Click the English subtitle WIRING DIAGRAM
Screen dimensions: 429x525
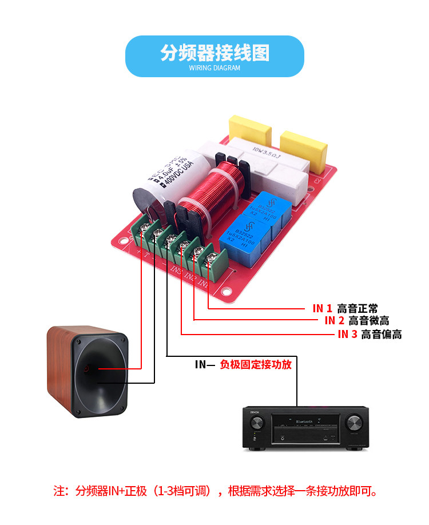coord(214,68)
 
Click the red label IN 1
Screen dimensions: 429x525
coord(321,308)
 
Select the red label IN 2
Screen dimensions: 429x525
coord(334,321)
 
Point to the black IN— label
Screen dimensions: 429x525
coord(204,364)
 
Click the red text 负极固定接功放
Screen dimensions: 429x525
coord(256,364)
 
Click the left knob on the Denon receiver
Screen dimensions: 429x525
coord(257,424)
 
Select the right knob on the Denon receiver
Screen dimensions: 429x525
coord(353,423)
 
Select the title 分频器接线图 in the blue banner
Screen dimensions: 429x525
coord(214,53)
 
